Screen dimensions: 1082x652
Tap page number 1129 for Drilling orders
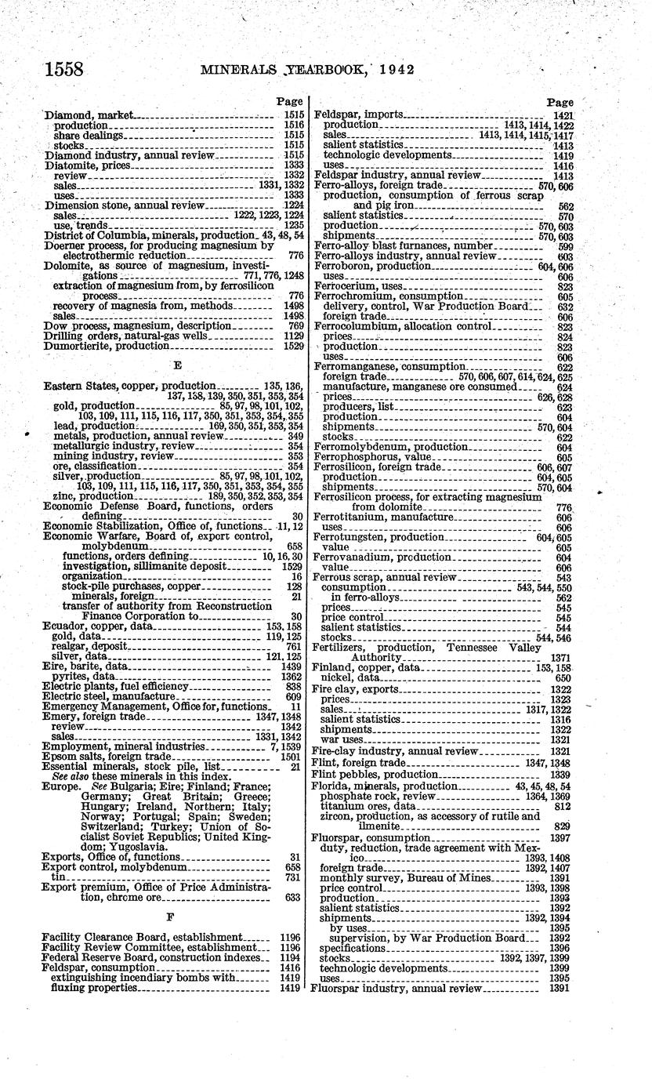292,335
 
